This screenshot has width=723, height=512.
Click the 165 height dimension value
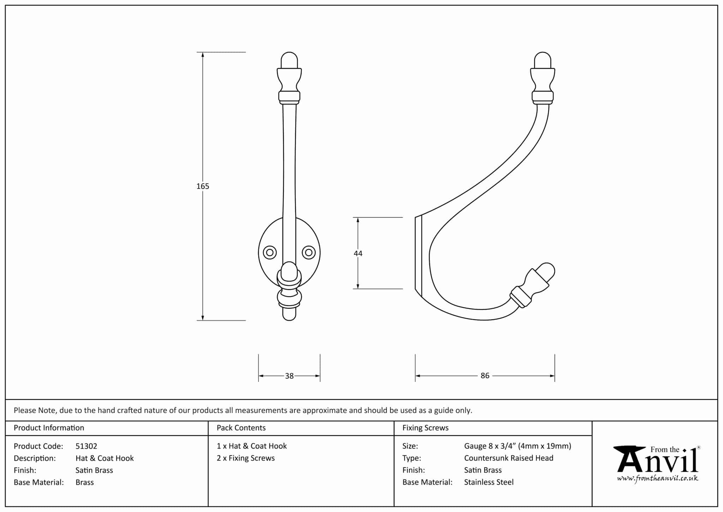click(x=203, y=186)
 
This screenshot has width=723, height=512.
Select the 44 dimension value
click(x=358, y=253)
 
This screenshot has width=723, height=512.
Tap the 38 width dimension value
click(x=289, y=376)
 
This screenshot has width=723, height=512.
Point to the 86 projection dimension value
click(x=485, y=376)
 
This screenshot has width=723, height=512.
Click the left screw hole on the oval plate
click(x=270, y=252)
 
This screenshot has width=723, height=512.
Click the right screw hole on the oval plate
click(x=309, y=252)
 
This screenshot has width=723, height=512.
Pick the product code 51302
click(x=86, y=446)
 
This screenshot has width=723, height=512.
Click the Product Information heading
click(x=49, y=428)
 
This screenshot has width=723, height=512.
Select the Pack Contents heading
click(x=241, y=428)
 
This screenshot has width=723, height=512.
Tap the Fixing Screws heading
click(x=425, y=428)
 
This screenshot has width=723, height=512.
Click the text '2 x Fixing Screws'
click(x=245, y=458)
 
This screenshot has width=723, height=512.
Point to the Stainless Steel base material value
click(x=489, y=482)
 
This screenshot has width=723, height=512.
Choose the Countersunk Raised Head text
click(x=508, y=458)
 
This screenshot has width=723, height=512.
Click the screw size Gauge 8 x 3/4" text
click(x=517, y=446)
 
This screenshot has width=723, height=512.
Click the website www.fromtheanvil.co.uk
click(x=657, y=478)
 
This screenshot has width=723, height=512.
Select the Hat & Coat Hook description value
click(x=104, y=458)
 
